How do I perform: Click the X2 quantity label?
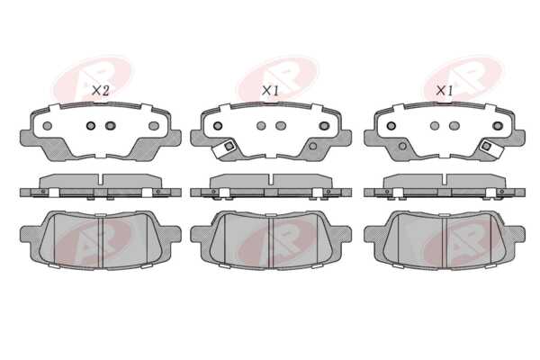point(101,91)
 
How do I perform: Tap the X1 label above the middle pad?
point(270,91)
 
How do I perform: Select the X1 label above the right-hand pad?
point(445,91)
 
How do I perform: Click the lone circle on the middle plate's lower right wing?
point(312,146)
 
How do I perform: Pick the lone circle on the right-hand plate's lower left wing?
point(402,146)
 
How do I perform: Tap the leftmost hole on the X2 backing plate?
point(48,126)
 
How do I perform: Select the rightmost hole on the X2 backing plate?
point(154,126)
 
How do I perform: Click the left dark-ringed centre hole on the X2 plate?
point(91,126)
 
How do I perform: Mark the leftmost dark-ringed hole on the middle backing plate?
point(218,126)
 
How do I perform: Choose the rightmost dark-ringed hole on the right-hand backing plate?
point(498,126)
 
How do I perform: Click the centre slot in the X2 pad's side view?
point(100,179)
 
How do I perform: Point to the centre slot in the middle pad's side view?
point(271,179)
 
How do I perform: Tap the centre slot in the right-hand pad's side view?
point(445,179)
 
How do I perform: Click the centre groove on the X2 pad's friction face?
point(101,241)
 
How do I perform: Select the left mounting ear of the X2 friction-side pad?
point(27,234)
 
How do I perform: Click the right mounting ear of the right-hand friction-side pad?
point(518,234)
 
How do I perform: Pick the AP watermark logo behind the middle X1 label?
point(278,78)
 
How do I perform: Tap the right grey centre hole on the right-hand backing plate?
point(454,126)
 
